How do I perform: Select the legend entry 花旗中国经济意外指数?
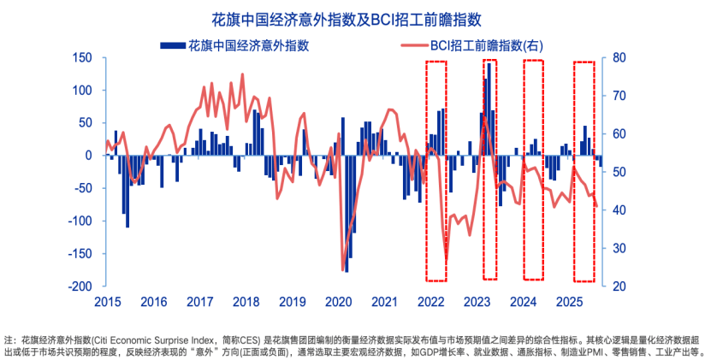point(249,44)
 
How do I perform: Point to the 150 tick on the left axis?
point(82,58)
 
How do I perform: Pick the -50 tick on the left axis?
point(84,188)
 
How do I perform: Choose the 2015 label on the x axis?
point(107,302)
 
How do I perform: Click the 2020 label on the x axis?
point(339,302)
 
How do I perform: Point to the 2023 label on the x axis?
point(477,302)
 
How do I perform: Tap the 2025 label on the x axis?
point(570,302)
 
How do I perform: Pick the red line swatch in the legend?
point(412,44)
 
